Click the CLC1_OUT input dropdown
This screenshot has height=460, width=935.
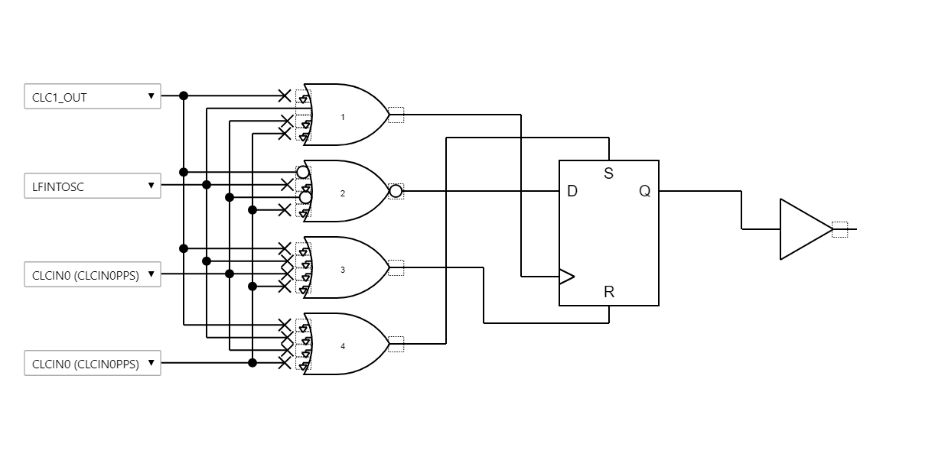click(x=92, y=96)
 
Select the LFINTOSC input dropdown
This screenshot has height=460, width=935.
click(x=92, y=186)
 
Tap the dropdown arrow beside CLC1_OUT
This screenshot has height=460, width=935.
click(x=151, y=96)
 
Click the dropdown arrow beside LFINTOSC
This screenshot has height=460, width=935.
click(x=151, y=185)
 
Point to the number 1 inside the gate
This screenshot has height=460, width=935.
click(x=343, y=117)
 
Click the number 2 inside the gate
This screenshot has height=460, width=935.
click(x=343, y=193)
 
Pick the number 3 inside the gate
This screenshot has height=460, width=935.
click(x=343, y=270)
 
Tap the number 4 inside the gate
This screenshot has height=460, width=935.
click(x=343, y=346)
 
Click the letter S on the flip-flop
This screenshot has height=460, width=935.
click(x=609, y=173)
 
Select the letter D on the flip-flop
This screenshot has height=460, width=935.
click(x=572, y=191)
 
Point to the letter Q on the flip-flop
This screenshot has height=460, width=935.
click(x=645, y=191)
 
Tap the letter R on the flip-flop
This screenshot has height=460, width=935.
click(x=609, y=292)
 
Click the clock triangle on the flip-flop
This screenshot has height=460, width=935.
click(x=566, y=276)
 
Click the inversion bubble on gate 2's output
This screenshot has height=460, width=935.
click(x=396, y=191)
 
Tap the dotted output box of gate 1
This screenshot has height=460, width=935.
click(x=396, y=115)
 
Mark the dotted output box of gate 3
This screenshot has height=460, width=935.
click(x=396, y=267)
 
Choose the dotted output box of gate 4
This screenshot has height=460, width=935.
click(x=396, y=344)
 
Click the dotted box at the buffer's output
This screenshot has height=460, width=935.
click(x=839, y=229)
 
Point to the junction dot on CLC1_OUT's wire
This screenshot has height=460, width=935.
click(x=184, y=96)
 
